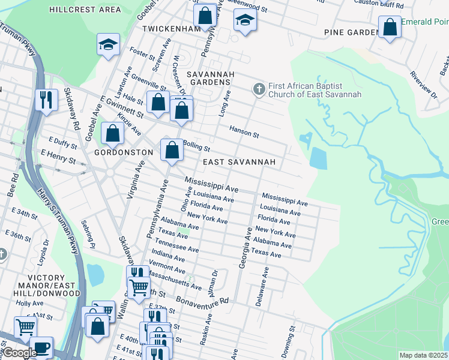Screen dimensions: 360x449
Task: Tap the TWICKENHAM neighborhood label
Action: [x=170, y=29]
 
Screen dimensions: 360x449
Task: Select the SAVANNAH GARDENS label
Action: [x=208, y=77]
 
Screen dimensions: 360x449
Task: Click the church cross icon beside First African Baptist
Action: [x=259, y=89]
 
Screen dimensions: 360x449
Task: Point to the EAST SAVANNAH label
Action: [x=239, y=162]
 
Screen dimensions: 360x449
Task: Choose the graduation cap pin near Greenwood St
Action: [x=244, y=21]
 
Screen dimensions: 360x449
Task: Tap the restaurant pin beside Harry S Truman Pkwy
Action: [x=46, y=100]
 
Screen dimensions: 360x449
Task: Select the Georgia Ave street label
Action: [x=246, y=247]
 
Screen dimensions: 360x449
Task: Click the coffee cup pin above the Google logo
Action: [x=41, y=347]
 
